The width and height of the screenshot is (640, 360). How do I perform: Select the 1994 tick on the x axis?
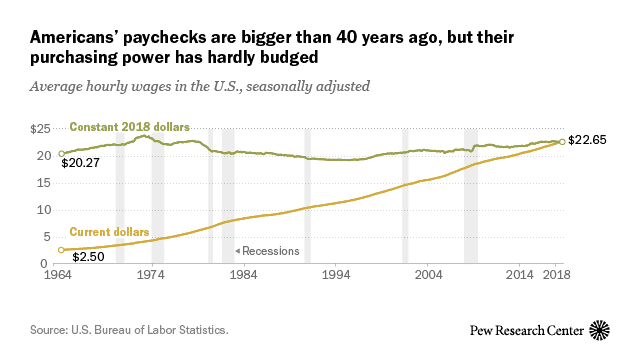coord(336,273)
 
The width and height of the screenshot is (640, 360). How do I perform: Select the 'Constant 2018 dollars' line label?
coord(130,127)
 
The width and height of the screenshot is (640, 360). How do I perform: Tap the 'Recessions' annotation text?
coord(271,251)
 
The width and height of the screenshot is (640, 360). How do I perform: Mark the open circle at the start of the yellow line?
coord(61,250)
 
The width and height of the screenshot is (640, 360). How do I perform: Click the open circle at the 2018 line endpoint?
coord(562,141)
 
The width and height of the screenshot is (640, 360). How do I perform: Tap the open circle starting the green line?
coord(61,154)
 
